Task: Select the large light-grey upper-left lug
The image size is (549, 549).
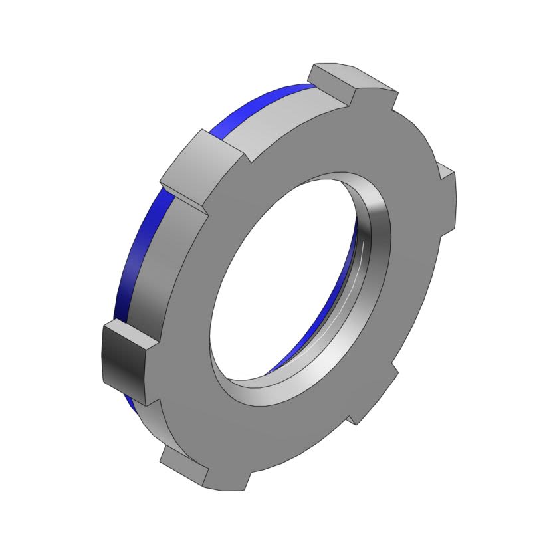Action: [x=199, y=160]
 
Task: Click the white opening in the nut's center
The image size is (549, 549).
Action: [x=286, y=279]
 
